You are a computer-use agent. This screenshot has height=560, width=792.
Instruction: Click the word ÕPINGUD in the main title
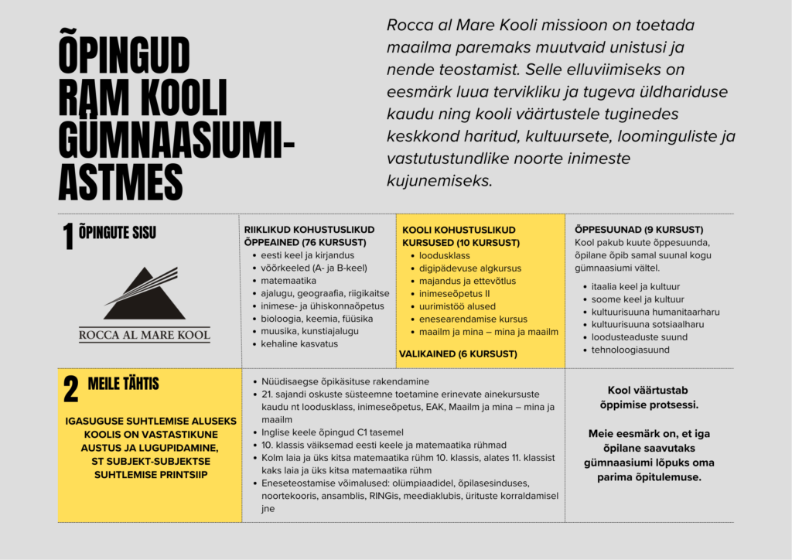click(x=124, y=56)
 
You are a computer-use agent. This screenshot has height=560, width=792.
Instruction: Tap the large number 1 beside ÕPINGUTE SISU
click(x=68, y=238)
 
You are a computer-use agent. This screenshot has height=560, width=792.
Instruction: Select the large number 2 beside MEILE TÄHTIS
click(x=70, y=390)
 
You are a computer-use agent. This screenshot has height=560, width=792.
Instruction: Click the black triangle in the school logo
click(x=145, y=295)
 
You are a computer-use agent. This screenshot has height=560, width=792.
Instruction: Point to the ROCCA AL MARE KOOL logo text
click(x=145, y=335)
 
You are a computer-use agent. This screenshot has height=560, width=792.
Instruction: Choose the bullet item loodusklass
click(x=445, y=255)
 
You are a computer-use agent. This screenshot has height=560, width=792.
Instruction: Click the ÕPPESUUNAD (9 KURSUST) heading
click(x=638, y=230)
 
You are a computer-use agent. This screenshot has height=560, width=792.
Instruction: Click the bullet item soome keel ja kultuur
click(x=629, y=299)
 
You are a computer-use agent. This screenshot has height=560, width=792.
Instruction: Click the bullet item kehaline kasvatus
click(x=295, y=343)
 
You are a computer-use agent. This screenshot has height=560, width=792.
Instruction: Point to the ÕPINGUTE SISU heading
click(x=118, y=231)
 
